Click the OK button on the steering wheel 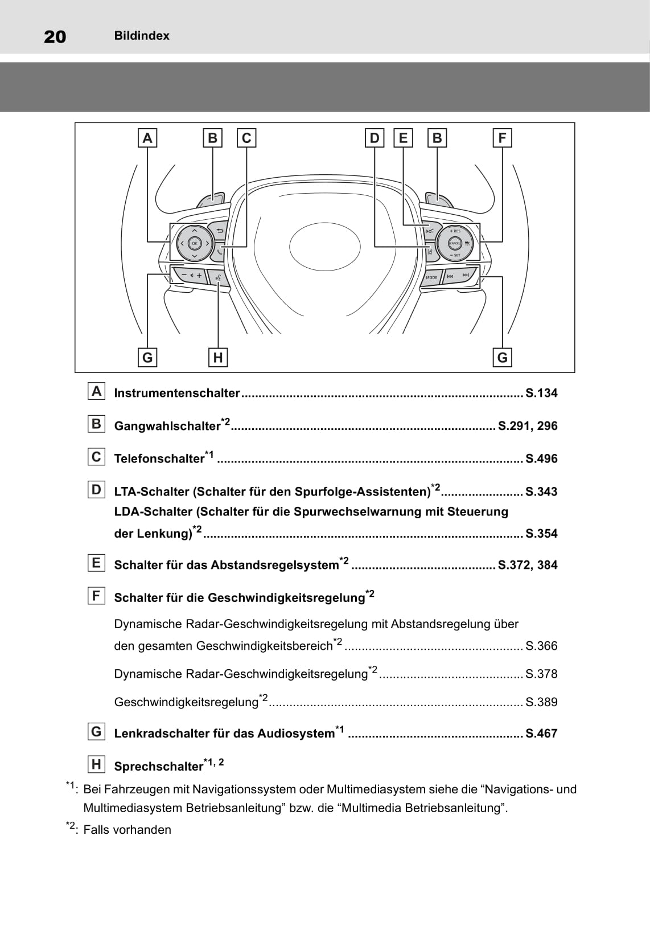194,243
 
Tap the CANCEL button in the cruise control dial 455,243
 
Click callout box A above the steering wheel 147,138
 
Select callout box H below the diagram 217,358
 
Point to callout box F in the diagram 502,138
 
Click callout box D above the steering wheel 375,138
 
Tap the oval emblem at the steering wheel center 325,246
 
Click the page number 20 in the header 55,36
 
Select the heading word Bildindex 142,36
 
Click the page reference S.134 541,393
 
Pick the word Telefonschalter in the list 159,458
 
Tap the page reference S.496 541,458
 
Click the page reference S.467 541,734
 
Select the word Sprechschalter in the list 158,767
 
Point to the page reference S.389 541,702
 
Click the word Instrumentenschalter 177,393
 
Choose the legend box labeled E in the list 96,563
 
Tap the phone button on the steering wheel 220,250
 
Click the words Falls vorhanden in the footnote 127,830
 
